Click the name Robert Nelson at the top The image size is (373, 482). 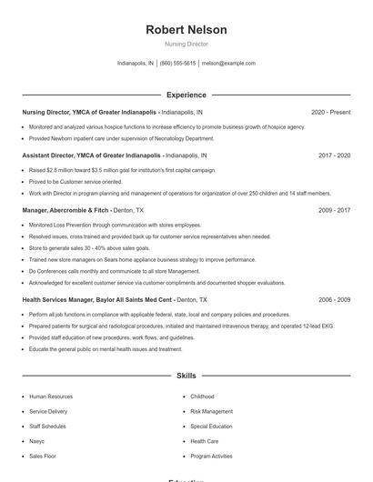click(186, 30)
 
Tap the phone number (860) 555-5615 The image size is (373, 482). click(177, 64)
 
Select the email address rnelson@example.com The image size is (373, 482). click(228, 64)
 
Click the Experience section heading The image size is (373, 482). click(186, 95)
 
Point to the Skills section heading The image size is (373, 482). click(186, 375)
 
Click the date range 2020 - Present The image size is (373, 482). click(330, 112)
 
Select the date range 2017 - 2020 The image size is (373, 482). click(334, 156)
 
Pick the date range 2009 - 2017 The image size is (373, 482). click(334, 210)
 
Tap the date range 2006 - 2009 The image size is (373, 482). click(334, 299)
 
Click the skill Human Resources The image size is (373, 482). click(51, 397)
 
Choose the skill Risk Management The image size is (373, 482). click(211, 411)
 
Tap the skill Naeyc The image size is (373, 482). click(37, 441)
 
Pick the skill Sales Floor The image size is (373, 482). click(43, 456)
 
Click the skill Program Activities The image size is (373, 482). click(211, 456)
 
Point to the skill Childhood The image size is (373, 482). click(202, 397)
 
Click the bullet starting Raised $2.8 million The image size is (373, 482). click(122, 170)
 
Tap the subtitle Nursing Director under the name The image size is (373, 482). click(186, 44)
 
